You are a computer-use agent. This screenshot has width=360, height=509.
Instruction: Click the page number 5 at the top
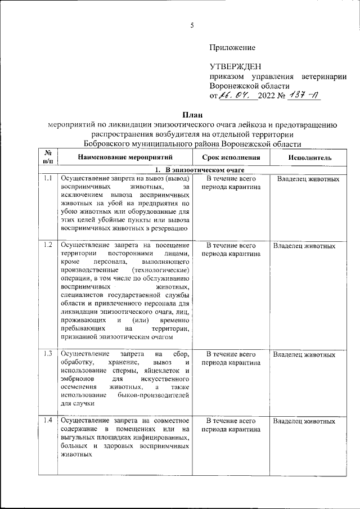pos(192,25)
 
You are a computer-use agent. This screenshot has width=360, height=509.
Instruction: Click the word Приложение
pos(232,47)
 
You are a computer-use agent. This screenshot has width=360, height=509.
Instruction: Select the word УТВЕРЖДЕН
pos(235,67)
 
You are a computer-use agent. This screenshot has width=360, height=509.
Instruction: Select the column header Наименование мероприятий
pos(125,158)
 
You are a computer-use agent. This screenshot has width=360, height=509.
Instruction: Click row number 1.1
pos(48,179)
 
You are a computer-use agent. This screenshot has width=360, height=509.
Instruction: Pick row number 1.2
pos(48,245)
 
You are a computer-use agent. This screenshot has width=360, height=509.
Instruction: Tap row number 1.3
pos(48,354)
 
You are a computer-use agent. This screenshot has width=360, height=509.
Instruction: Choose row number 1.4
pos(48,421)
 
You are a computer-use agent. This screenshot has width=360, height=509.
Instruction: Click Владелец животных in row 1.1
pos(308,179)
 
